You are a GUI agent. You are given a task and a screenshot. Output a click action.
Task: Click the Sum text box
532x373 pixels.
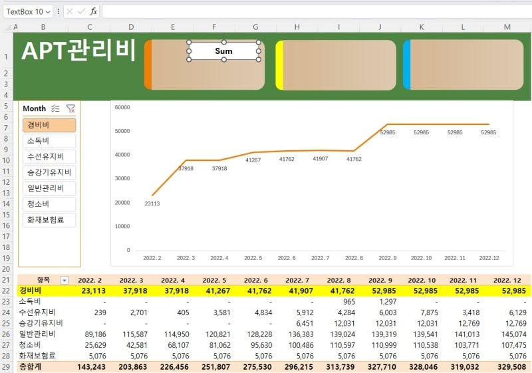tap(223, 51)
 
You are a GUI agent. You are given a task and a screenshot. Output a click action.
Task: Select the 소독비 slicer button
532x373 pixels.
tap(49, 141)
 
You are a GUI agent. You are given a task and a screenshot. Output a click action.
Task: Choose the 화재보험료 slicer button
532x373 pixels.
tap(49, 219)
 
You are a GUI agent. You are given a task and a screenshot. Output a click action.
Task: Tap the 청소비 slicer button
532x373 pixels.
tap(49, 204)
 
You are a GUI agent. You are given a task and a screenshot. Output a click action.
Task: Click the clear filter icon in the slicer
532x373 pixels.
tap(70, 108)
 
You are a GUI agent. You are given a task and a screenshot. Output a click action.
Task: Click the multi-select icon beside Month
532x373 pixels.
tap(55, 108)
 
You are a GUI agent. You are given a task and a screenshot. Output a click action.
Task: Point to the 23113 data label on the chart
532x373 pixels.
tap(152, 203)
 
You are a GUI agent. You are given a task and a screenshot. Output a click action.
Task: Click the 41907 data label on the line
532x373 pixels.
tap(321, 158)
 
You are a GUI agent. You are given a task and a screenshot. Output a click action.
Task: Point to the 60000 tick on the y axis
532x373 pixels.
tap(122, 107)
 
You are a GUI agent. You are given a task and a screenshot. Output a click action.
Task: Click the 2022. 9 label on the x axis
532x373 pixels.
tap(388, 258)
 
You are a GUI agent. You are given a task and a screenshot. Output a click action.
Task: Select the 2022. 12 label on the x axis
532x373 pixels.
tap(489, 258)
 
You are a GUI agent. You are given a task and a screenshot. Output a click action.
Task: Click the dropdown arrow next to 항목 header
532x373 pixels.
tap(64, 281)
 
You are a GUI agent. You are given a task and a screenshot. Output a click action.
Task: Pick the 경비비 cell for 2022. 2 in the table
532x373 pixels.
tap(94, 291)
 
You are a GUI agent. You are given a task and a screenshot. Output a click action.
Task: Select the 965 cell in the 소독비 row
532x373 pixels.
tap(348, 302)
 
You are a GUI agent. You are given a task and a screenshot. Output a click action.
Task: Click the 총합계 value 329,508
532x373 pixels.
tap(512, 367)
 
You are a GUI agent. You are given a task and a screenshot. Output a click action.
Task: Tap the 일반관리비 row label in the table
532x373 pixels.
tap(37, 334)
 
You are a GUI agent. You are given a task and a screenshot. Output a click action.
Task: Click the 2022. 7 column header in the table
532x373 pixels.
tap(297, 281)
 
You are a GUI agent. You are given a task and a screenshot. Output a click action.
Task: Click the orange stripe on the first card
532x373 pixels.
tap(148, 64)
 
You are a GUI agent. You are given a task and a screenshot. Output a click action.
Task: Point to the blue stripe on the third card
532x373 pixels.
tap(407, 64)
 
